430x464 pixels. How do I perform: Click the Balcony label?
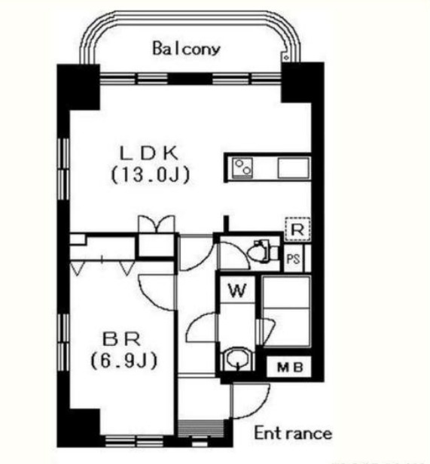187,49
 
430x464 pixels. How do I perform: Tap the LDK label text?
149,153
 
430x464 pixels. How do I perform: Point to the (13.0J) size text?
151,175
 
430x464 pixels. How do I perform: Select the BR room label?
121,339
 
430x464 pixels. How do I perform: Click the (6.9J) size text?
124,361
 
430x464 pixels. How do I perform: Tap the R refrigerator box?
297,229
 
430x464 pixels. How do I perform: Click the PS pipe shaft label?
293,259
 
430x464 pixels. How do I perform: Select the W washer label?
238,290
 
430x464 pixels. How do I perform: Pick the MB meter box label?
290,368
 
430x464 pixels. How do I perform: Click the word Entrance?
293,433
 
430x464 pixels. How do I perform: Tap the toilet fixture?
263,251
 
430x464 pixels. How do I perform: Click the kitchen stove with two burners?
242,168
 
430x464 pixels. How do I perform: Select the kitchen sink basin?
294,168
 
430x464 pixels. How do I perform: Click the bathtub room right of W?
286,311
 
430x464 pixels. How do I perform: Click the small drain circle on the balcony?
286,57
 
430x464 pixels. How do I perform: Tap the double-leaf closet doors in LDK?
157,224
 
